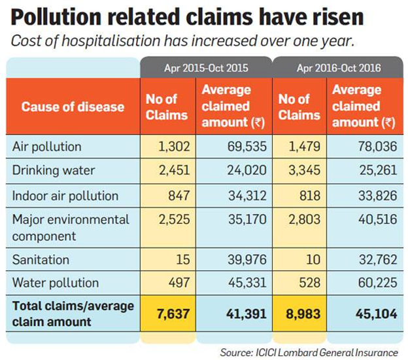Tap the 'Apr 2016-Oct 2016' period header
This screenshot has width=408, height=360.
(x=339, y=67)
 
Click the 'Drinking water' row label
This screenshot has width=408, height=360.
(x=54, y=170)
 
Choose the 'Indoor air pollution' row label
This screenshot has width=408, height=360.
(x=65, y=195)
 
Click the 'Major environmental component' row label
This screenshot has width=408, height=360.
(x=71, y=227)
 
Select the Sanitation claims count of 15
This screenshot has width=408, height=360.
(x=183, y=260)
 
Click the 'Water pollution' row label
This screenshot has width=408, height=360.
(x=56, y=283)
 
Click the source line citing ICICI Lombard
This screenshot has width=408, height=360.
(x=309, y=351)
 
